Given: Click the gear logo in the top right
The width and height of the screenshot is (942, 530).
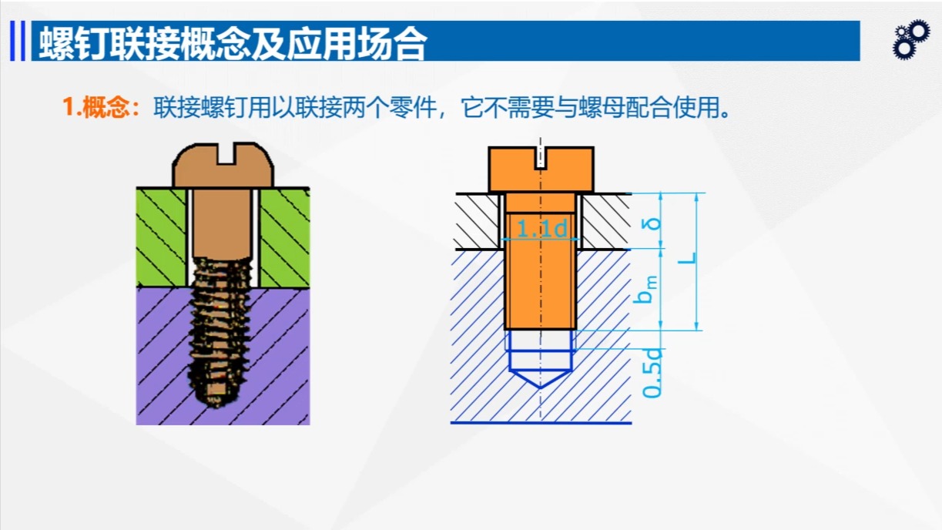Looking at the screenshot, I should [x=911, y=40].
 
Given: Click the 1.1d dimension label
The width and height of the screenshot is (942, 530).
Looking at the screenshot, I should [x=541, y=229].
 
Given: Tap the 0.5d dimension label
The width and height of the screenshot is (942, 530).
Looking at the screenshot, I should [x=652, y=373].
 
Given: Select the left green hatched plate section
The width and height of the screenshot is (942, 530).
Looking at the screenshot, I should [x=161, y=236].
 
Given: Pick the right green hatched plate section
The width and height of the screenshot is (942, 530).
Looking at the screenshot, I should [x=284, y=236].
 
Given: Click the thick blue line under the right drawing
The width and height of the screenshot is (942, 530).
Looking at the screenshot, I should [x=541, y=423].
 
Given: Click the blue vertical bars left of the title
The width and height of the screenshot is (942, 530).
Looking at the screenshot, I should [x=18, y=41].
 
